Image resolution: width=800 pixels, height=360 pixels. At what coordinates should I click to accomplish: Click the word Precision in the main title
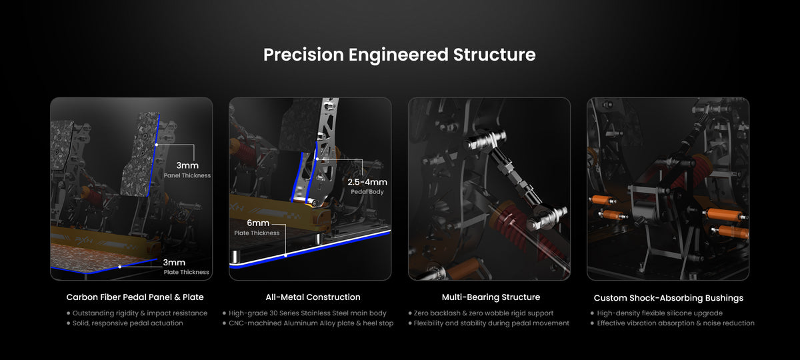pos(303,55)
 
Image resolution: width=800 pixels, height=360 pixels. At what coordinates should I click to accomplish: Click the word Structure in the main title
pos(494,55)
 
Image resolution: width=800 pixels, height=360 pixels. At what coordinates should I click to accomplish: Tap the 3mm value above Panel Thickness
pos(187,165)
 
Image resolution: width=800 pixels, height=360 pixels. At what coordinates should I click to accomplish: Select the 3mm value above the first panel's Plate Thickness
pos(174,263)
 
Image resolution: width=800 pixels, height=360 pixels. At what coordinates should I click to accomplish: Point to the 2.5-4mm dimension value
pos(367,182)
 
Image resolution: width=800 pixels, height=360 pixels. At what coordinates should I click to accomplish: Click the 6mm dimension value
pos(258,223)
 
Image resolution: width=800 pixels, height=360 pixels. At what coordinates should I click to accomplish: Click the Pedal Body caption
pos(367,192)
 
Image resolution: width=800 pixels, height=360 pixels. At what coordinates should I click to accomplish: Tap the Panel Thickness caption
pos(187,175)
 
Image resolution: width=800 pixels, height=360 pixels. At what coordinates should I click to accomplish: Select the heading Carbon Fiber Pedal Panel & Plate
pos(135,297)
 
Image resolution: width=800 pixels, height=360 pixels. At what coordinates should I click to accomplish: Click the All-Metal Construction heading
pos(313,297)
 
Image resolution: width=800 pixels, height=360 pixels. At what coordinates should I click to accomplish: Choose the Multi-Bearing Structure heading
pos(491,297)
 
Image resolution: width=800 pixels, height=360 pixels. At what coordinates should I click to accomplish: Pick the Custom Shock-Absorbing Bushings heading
pos(669,298)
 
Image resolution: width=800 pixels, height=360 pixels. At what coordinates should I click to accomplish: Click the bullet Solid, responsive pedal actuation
pos(125,323)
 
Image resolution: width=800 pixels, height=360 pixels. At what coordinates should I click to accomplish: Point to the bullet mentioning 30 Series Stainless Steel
pos(305,313)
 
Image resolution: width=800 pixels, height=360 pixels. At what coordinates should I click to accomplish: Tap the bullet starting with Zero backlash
pos(481,313)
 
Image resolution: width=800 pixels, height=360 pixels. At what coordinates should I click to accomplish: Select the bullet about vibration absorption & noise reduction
pos(673,323)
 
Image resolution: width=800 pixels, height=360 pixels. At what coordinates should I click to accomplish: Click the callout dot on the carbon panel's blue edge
pos(157,145)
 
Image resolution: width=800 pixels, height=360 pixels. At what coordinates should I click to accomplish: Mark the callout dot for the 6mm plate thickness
pos(286,256)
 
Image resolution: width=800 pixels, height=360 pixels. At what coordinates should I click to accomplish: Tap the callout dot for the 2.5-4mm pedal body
pos(317,159)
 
